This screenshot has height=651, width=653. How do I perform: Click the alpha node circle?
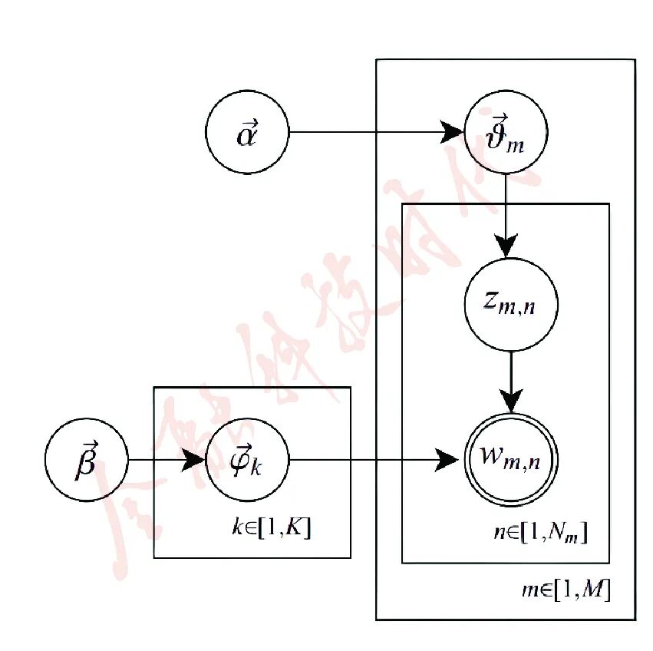[x=246, y=132]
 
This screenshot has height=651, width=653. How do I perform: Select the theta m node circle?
[x=506, y=132]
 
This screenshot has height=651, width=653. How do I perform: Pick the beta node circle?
[x=86, y=461]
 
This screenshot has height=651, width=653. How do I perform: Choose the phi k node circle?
[x=246, y=461]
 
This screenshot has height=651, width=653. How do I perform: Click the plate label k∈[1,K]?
[x=272, y=528]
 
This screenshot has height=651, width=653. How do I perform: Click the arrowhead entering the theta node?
[x=454, y=132]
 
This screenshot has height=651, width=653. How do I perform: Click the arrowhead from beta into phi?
[x=195, y=461]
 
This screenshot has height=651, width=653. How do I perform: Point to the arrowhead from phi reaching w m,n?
[x=449, y=461]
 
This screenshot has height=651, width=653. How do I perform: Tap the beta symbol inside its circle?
[x=85, y=462]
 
